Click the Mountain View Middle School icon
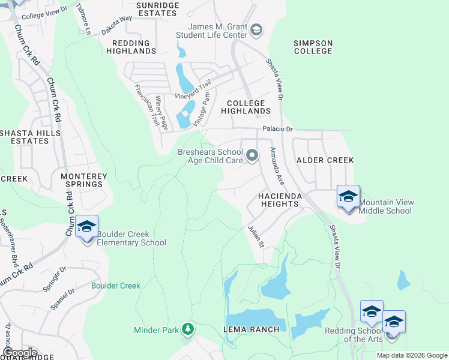(348, 197)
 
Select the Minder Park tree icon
(188, 329)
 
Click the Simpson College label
(313, 47)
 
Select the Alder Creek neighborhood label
(325, 160)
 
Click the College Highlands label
(246, 107)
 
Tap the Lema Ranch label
(252, 329)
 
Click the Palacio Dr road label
(277, 129)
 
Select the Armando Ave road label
(276, 164)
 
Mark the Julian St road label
(256, 236)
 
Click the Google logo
(20, 352)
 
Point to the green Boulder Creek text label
(116, 286)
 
